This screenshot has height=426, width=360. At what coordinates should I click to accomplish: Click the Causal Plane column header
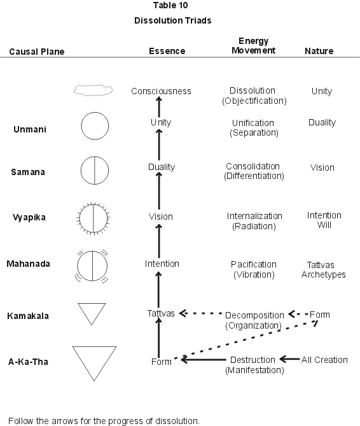point(37,52)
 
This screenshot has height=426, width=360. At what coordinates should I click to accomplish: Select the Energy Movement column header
point(253,46)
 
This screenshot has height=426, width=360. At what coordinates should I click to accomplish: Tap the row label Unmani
point(30,129)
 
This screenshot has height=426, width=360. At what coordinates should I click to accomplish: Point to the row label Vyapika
point(29,217)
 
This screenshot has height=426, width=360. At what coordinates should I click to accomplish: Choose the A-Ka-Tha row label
point(28,362)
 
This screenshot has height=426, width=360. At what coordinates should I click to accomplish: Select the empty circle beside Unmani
point(95,113)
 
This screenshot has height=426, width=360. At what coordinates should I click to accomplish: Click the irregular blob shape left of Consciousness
point(93,86)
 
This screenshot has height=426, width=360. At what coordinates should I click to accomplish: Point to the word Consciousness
point(161,91)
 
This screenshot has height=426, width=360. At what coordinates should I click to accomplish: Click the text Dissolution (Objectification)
point(254,96)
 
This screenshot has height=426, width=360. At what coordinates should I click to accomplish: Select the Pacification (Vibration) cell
point(254,269)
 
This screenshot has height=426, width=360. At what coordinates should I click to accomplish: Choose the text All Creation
point(324,360)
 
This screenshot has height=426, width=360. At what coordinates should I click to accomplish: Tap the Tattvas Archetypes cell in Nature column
point(323,270)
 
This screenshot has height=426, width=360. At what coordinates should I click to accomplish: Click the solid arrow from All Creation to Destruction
point(290,359)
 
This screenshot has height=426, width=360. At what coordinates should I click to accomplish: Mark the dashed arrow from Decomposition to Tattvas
point(201,313)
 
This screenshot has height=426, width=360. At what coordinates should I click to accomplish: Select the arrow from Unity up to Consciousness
point(159,107)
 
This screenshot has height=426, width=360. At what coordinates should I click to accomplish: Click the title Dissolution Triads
point(173,20)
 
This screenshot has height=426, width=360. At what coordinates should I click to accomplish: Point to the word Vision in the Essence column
point(161,217)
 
